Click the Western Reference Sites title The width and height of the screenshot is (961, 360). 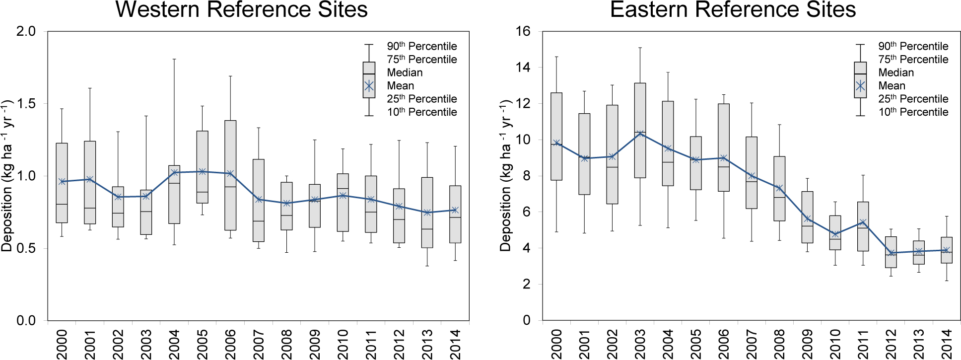coord(241,10)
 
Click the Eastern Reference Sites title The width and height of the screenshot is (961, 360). coord(733,10)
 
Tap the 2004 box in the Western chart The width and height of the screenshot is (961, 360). coord(174,195)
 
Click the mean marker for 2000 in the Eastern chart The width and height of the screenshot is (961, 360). coord(556,143)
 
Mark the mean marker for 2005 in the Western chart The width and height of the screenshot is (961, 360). coord(203,172)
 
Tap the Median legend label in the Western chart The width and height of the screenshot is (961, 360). coord(405,72)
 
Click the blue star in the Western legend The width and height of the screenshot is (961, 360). coord(369,86)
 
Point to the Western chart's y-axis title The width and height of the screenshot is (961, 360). coord(7,176)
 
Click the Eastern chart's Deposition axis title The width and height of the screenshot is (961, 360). coord(505,176)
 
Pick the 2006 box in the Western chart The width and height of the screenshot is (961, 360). coord(230,175)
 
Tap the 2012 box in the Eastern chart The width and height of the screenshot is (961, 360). coord(891,252)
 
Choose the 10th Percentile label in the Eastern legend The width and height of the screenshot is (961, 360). coord(913,112)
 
